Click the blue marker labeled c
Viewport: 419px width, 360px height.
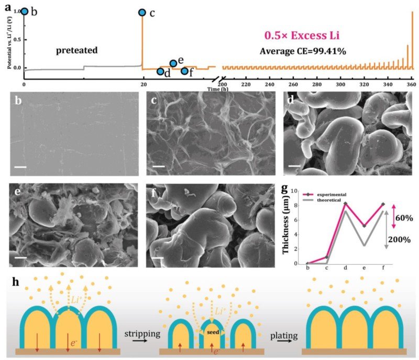tap(142, 12)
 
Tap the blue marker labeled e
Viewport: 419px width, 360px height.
tap(173, 63)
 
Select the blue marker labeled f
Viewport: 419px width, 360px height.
tap(184, 71)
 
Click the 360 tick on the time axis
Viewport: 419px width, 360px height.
tap(411, 84)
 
